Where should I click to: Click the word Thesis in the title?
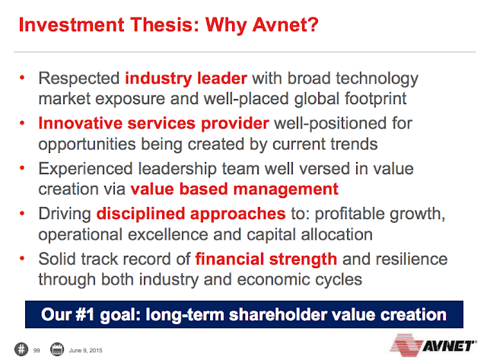pos(164,24)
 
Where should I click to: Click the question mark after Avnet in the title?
pos(313,24)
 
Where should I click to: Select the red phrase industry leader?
pos(186,78)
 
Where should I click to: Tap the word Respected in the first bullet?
pos(79,79)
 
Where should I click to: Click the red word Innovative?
pos(80,123)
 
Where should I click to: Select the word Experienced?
pos(85,170)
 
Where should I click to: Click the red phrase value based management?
pos(234,190)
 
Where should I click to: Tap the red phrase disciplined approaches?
pos(191,215)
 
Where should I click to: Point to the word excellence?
pos(167,234)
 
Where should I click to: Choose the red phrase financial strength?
pos(266,260)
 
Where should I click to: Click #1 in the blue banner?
pos(84,314)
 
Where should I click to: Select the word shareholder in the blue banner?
pos(278,314)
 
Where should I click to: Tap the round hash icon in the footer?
pos(21,349)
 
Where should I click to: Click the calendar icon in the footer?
pos(57,349)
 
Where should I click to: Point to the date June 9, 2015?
pos(85,350)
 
